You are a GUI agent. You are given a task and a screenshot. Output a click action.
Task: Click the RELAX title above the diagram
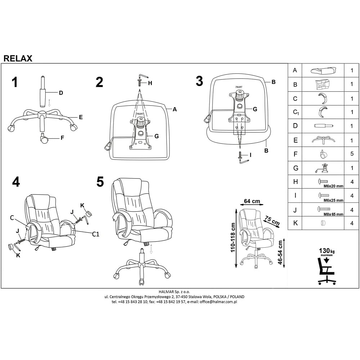point(18,58)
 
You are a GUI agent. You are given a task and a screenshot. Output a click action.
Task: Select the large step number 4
point(16,182)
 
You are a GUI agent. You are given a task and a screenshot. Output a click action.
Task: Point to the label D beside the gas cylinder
point(61,93)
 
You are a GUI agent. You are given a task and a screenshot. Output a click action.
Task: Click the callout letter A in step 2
point(175,109)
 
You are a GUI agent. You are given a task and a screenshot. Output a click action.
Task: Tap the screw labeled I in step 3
point(240,154)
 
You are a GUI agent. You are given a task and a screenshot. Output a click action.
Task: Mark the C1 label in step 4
point(95,234)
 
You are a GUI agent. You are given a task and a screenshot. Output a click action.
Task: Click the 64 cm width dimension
point(252,201)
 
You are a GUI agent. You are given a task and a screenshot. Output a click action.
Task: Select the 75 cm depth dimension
point(272,220)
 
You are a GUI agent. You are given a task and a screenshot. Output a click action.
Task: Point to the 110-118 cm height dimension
point(233,237)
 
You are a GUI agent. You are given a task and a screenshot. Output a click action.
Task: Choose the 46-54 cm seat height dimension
point(280,252)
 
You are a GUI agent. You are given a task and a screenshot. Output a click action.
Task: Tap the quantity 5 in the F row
point(352,154)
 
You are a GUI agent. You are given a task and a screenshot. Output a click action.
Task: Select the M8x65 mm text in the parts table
point(333,214)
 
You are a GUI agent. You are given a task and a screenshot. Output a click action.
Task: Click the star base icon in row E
point(323,140)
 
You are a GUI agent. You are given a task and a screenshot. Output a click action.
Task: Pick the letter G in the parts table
point(296,168)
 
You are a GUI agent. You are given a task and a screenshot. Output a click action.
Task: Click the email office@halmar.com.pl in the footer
point(218,302)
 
